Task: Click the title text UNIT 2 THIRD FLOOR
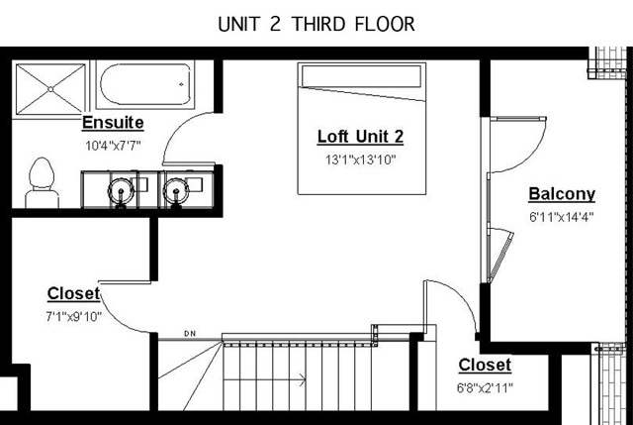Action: pyautogui.click(x=316, y=24)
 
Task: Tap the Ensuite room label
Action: pyautogui.click(x=113, y=123)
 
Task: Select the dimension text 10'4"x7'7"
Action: pyautogui.click(x=113, y=146)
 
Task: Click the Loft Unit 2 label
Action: pyautogui.click(x=360, y=137)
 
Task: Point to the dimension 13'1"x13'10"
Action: pyautogui.click(x=360, y=159)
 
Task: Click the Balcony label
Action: pyautogui.click(x=562, y=194)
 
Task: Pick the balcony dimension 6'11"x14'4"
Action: pyautogui.click(x=562, y=217)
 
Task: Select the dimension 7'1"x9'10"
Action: pyautogui.click(x=73, y=316)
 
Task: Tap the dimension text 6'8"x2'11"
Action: pyautogui.click(x=485, y=388)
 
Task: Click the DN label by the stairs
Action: pyautogui.click(x=190, y=334)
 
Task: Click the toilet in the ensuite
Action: pyautogui.click(x=42, y=182)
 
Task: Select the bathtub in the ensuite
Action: pyautogui.click(x=145, y=84)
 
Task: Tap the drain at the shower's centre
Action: pyautogui.click(x=50, y=89)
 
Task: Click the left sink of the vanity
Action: pyautogui.click(x=121, y=191)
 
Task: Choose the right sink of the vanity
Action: pyautogui.click(x=176, y=191)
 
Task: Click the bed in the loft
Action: pyautogui.click(x=362, y=129)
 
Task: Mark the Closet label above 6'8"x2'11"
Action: pyautogui.click(x=485, y=366)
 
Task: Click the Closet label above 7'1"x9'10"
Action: pyautogui.click(x=73, y=293)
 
